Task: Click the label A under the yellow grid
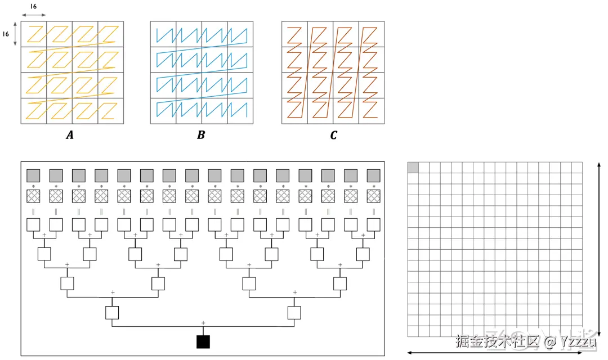pyautogui.click(x=70, y=135)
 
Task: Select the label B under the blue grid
pyautogui.click(x=201, y=135)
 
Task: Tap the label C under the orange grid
pyautogui.click(x=333, y=135)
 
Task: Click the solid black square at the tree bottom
pyautogui.click(x=203, y=341)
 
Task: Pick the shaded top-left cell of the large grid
pyautogui.click(x=413, y=167)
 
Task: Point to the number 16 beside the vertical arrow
pyautogui.click(x=6, y=34)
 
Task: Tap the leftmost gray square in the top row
pyautogui.click(x=33, y=175)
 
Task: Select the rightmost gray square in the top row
pyautogui.click(x=373, y=175)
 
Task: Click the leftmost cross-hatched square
pyautogui.click(x=33, y=196)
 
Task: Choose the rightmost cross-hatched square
pyautogui.click(x=373, y=196)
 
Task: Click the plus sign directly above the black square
pyautogui.click(x=203, y=322)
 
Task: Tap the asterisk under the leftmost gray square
pyautogui.click(x=33, y=186)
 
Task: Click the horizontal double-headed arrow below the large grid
pyautogui.click(x=494, y=353)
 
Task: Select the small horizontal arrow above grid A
pyautogui.click(x=33, y=15)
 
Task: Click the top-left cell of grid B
pyautogui.click(x=163, y=34)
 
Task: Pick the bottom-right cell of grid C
pyautogui.click(x=371, y=111)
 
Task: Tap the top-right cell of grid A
pyautogui.click(x=110, y=34)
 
